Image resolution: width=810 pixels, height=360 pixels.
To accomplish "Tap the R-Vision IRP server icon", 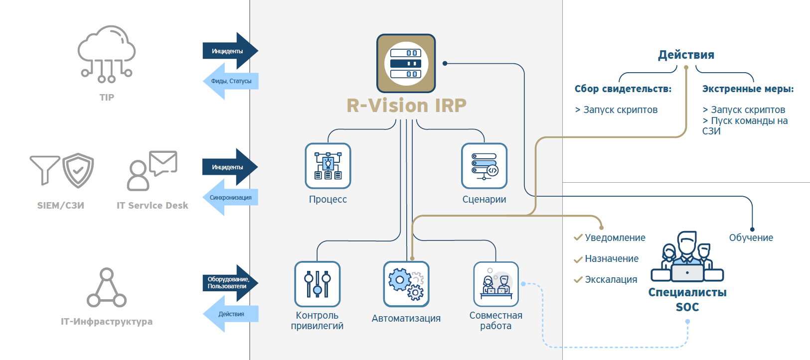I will click(x=406, y=63).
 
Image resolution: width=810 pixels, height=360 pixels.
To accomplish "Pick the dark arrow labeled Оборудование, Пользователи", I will click(x=230, y=283).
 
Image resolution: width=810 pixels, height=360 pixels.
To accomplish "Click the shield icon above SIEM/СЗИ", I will click(x=78, y=170).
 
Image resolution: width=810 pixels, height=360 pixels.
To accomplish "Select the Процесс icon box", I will click(x=328, y=166).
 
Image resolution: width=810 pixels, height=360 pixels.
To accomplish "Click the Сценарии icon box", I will click(x=484, y=166).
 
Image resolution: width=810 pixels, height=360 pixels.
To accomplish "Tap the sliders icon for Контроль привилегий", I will click(x=318, y=284).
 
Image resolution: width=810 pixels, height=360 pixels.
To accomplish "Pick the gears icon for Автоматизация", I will click(x=406, y=284).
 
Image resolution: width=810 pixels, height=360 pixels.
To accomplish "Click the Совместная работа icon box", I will click(x=496, y=284).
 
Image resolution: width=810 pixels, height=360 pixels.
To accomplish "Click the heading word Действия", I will click(x=686, y=55).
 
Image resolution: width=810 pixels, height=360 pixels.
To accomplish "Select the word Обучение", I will click(x=751, y=238).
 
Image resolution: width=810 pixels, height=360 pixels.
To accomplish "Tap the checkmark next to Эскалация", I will click(x=578, y=280).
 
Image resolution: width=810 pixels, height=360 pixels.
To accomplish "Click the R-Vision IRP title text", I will click(x=406, y=106).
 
